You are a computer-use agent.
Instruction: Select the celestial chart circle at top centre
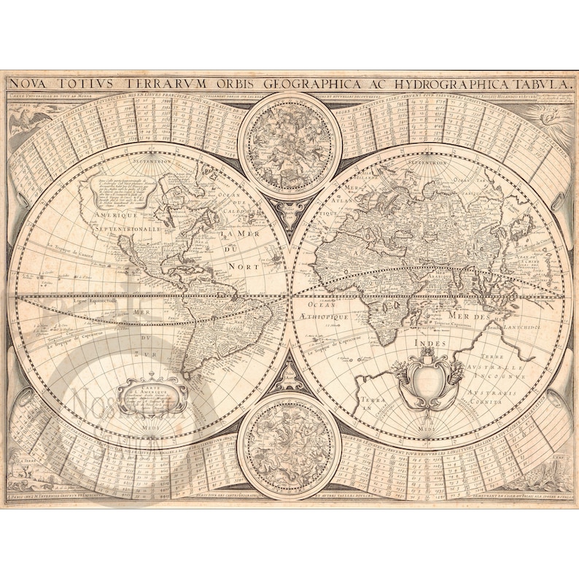pyautogui.click(x=289, y=141)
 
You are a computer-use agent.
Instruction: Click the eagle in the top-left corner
pyautogui.click(x=29, y=119)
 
